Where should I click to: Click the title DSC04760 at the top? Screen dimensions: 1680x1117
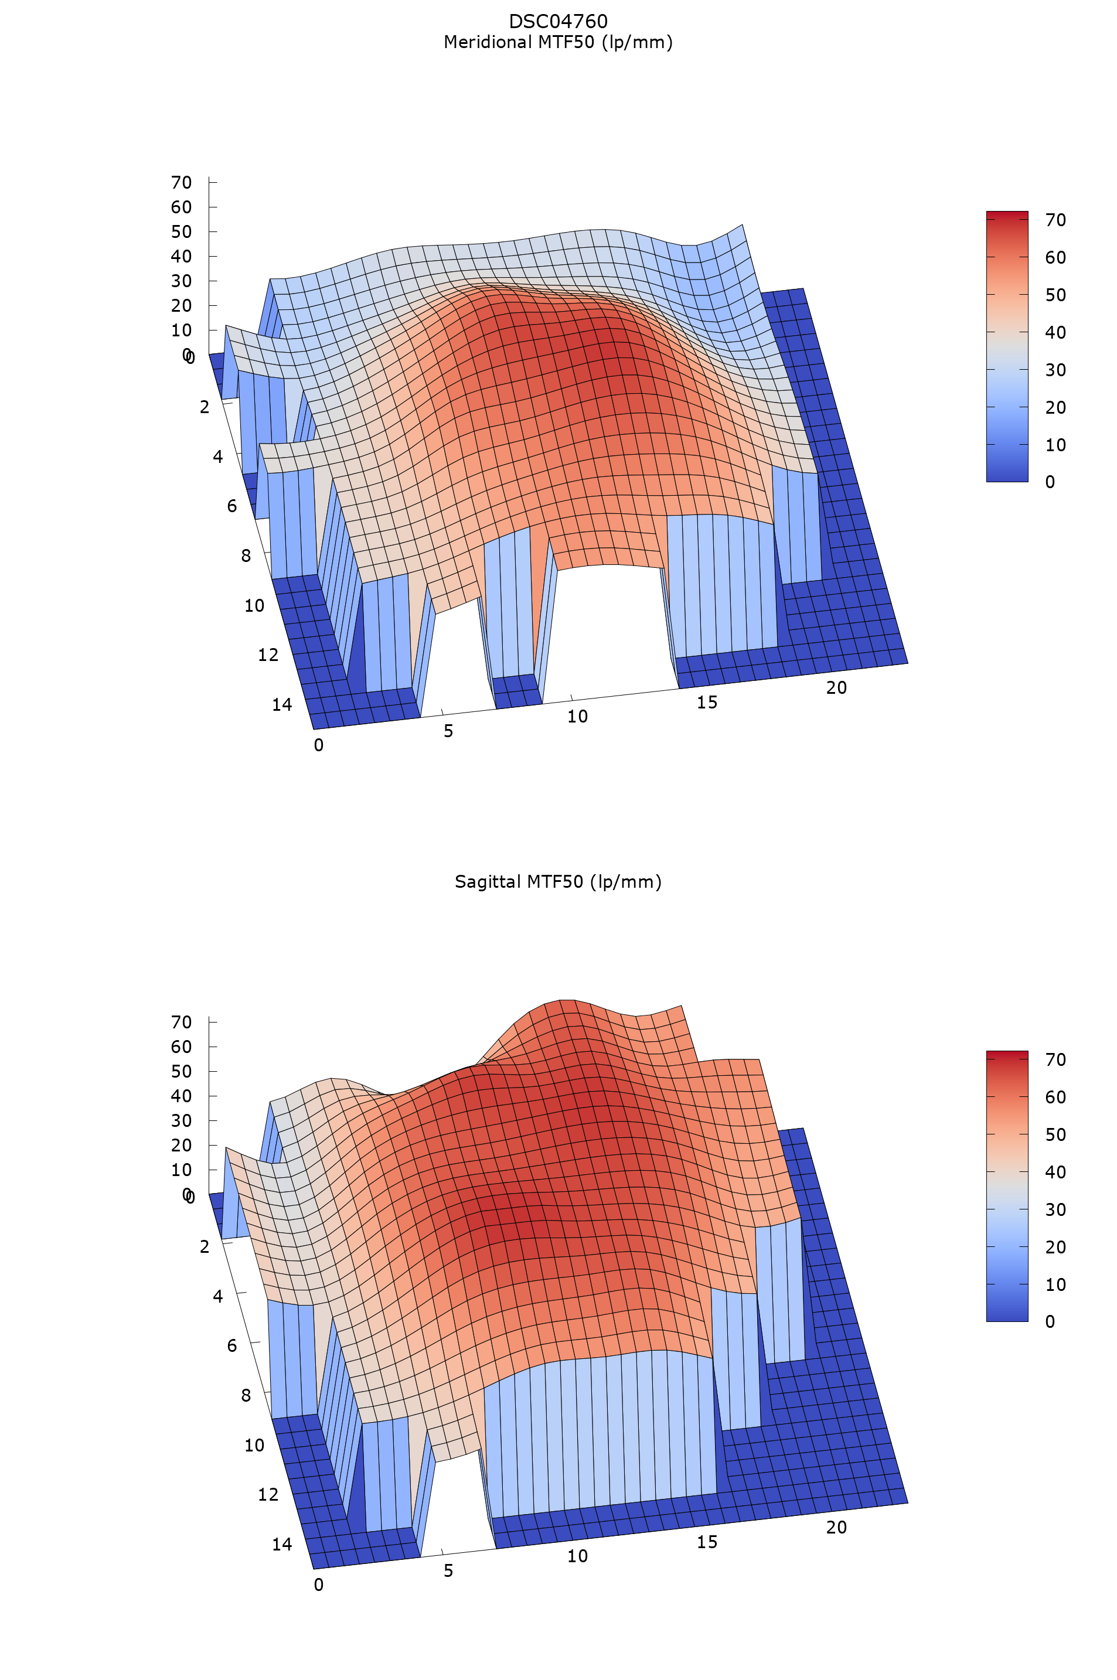pyautogui.click(x=558, y=21)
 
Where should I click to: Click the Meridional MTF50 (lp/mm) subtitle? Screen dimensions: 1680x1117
pyautogui.click(x=558, y=42)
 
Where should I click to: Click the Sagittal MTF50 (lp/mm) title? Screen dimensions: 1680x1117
pyautogui.click(x=558, y=882)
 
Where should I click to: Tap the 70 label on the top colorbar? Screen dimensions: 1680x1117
pyautogui.click(x=1055, y=220)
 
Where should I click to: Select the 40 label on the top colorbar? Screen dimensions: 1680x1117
pyautogui.click(x=1055, y=333)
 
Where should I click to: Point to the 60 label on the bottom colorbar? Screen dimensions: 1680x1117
pyautogui.click(x=1055, y=1097)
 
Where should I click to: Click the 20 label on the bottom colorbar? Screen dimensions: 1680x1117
pyautogui.click(x=1055, y=1247)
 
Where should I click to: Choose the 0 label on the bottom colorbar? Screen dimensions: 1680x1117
pyautogui.click(x=1050, y=1322)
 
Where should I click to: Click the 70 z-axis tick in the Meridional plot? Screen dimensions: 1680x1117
pyautogui.click(x=182, y=183)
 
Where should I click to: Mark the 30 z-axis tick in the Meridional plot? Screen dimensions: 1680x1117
pyautogui.click(x=182, y=281)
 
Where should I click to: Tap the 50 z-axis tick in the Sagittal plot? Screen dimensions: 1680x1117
pyautogui.click(x=182, y=1072)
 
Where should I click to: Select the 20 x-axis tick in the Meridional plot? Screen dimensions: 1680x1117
pyautogui.click(x=836, y=688)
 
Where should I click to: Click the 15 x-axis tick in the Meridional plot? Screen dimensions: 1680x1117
pyautogui.click(x=707, y=703)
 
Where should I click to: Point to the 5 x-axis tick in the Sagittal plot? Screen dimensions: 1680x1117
pyautogui.click(x=448, y=1570)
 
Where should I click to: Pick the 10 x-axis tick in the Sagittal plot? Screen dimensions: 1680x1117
pyautogui.click(x=577, y=1556)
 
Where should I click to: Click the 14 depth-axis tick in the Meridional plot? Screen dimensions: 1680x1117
pyautogui.click(x=282, y=705)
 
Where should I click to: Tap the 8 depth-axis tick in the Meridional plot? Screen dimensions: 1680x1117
pyautogui.click(x=246, y=556)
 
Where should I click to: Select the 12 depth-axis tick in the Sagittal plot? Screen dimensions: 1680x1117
pyautogui.click(x=268, y=1495)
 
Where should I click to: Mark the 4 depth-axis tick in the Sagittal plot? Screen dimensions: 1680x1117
pyautogui.click(x=218, y=1296)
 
